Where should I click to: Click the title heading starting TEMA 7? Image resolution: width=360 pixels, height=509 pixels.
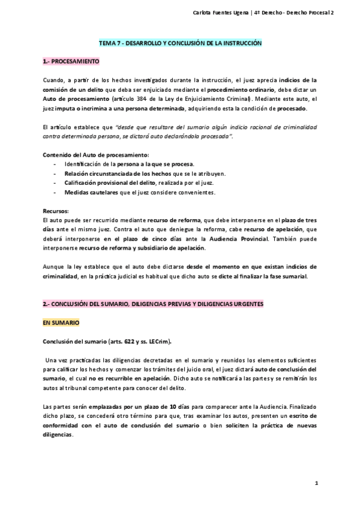[x=180, y=44]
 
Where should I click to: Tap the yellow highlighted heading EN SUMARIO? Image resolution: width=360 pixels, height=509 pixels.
[x=61, y=322]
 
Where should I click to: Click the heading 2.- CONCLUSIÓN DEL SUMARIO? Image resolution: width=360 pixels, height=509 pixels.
[x=153, y=304]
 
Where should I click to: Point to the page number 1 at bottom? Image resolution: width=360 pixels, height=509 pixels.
[x=316, y=484]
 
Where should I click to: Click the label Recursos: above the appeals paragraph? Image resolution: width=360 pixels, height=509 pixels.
[x=56, y=211]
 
